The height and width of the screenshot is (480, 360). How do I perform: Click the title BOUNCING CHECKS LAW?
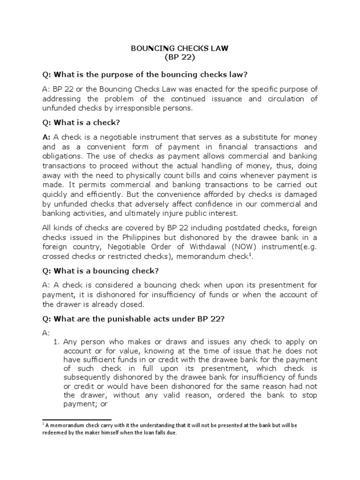[x=179, y=49]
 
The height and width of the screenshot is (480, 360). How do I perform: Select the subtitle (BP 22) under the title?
[x=179, y=58]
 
